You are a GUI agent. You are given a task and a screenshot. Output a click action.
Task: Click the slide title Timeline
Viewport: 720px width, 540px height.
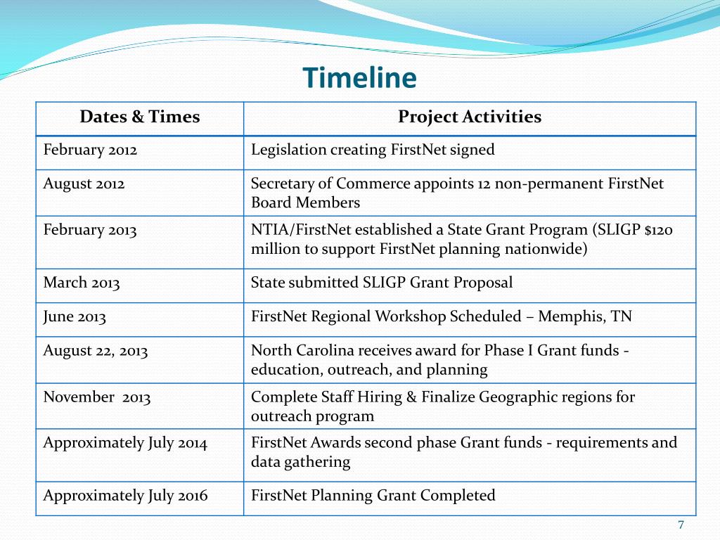(x=359, y=78)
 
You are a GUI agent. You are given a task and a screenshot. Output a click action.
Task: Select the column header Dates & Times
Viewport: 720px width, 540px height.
(x=139, y=117)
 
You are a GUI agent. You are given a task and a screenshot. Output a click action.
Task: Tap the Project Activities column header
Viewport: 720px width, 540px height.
(x=469, y=117)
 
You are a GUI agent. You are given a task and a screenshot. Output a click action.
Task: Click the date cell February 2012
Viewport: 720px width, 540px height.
(x=90, y=150)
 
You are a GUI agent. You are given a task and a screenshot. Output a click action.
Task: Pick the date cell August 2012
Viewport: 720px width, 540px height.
(x=84, y=184)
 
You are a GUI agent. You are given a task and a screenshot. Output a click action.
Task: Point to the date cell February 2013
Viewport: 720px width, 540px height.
(x=90, y=230)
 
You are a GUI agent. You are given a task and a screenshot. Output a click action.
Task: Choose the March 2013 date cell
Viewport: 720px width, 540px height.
(x=82, y=283)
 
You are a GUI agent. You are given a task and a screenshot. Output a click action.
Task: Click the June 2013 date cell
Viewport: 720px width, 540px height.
(x=75, y=316)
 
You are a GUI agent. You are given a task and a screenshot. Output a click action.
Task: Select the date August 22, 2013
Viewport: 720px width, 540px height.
(x=96, y=351)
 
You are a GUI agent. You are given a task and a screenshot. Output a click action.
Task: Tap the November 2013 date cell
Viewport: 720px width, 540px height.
(x=97, y=397)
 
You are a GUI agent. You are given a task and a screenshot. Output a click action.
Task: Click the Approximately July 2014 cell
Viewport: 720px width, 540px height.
(x=125, y=443)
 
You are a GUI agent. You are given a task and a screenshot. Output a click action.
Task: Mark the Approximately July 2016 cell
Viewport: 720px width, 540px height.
(x=125, y=496)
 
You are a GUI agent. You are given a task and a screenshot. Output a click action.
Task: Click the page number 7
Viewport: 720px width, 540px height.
(x=681, y=525)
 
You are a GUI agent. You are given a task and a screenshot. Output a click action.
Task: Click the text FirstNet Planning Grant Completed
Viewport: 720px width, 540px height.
(x=373, y=496)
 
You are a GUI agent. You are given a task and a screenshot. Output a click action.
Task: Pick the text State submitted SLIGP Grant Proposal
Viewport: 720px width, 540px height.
(x=381, y=283)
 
